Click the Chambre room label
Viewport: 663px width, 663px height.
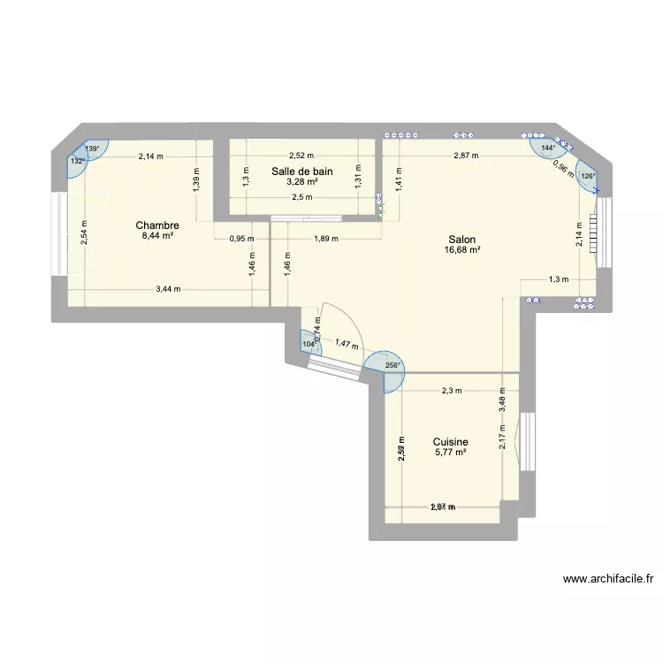pyautogui.click(x=157, y=225)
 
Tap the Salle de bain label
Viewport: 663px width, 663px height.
pyautogui.click(x=302, y=171)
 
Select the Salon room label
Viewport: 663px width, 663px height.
pyautogui.click(x=462, y=239)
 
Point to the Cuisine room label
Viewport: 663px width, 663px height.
pyautogui.click(x=450, y=442)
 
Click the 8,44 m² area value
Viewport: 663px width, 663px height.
pyautogui.click(x=157, y=237)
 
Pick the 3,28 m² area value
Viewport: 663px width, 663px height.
pyautogui.click(x=302, y=183)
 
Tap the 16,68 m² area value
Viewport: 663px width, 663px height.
pyautogui.click(x=462, y=250)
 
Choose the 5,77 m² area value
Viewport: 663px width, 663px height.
pyautogui.click(x=450, y=453)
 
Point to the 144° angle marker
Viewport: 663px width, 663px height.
pyautogui.click(x=548, y=149)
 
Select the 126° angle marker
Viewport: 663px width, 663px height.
pyautogui.click(x=588, y=176)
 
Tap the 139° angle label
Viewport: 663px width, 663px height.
pyautogui.click(x=91, y=149)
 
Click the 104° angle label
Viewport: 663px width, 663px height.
pyautogui.click(x=309, y=344)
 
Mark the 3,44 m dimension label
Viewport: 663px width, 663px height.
pyautogui.click(x=168, y=288)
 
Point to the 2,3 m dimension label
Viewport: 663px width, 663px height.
pyautogui.click(x=452, y=391)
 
